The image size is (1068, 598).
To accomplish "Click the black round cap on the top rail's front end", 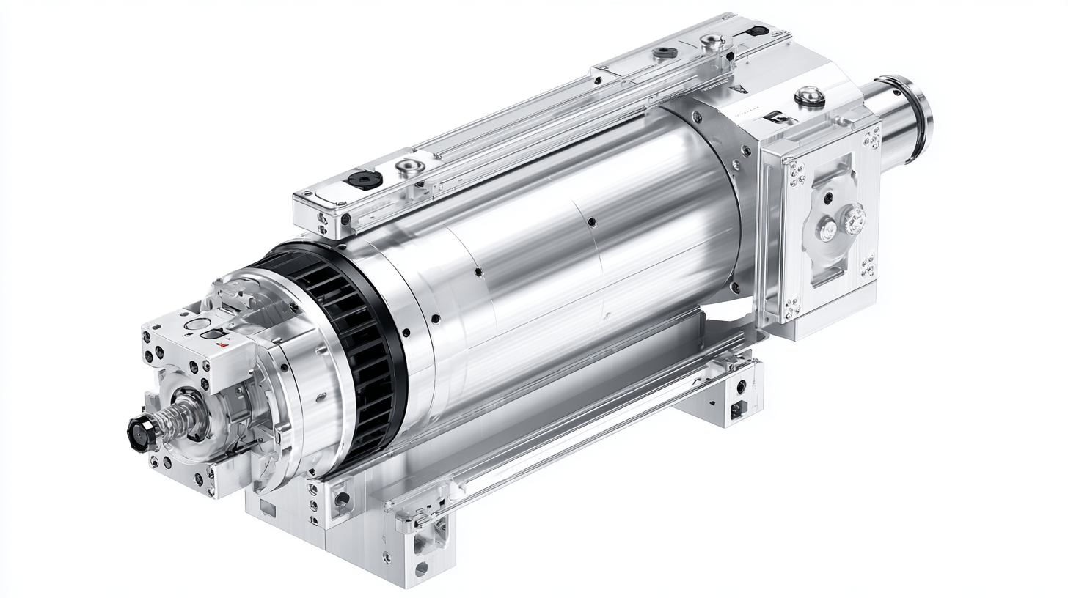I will [365, 180].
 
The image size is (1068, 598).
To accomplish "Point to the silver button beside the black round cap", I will [409, 168].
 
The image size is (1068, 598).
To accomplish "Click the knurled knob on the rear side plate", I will [853, 219].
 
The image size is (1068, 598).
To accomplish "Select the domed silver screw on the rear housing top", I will [809, 95].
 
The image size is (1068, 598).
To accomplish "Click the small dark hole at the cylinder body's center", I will [591, 221].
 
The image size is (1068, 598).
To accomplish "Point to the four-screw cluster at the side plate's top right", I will [871, 137].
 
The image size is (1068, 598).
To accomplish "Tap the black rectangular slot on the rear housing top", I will [778, 116].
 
